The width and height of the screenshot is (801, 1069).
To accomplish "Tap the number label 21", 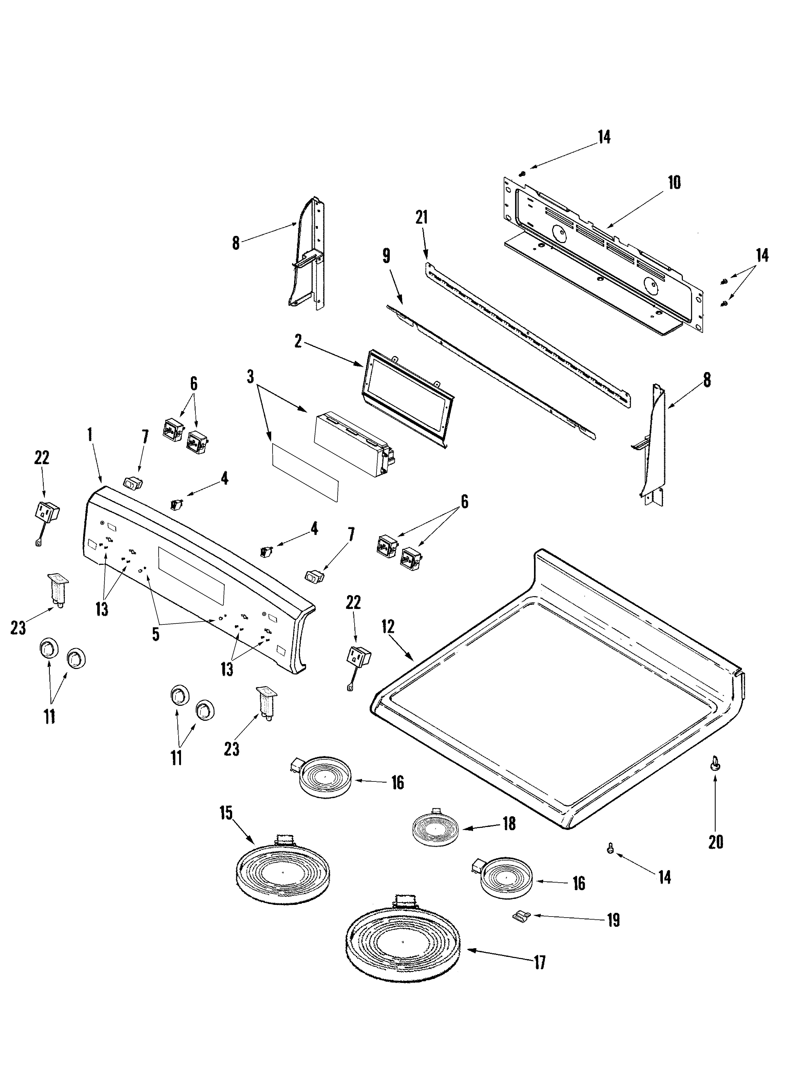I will tap(422, 217).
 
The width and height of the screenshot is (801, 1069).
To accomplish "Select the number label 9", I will tap(386, 256).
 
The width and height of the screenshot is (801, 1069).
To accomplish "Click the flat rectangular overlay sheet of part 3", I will tap(305, 473).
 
